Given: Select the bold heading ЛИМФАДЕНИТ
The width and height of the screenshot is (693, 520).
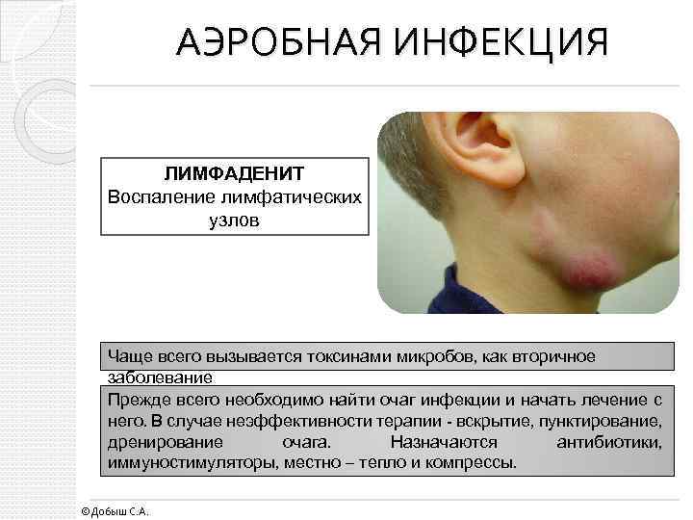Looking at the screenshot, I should tap(234, 174).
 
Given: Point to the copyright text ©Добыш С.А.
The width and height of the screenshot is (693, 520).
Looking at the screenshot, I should tap(115, 510).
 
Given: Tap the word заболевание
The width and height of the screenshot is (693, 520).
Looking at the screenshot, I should tap(166, 377).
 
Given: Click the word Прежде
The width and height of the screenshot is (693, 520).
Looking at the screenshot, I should tap(138, 399).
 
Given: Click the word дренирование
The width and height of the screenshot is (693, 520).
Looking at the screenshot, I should tap(165, 442).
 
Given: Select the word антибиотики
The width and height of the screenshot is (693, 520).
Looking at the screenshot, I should tap(608, 442).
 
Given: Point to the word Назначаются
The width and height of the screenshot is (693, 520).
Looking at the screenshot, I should tap(444, 442).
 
